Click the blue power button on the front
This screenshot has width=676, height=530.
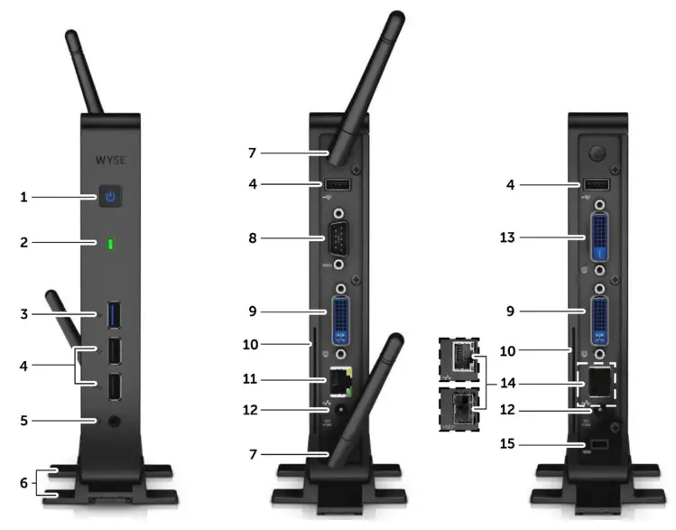tap(110, 196)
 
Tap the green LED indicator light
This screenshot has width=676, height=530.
tap(110, 244)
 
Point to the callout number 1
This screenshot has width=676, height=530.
tap(26, 196)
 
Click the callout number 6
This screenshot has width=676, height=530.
tap(26, 483)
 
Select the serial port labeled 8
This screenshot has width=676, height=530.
tap(339, 240)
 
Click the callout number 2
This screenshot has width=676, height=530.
tap(26, 244)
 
